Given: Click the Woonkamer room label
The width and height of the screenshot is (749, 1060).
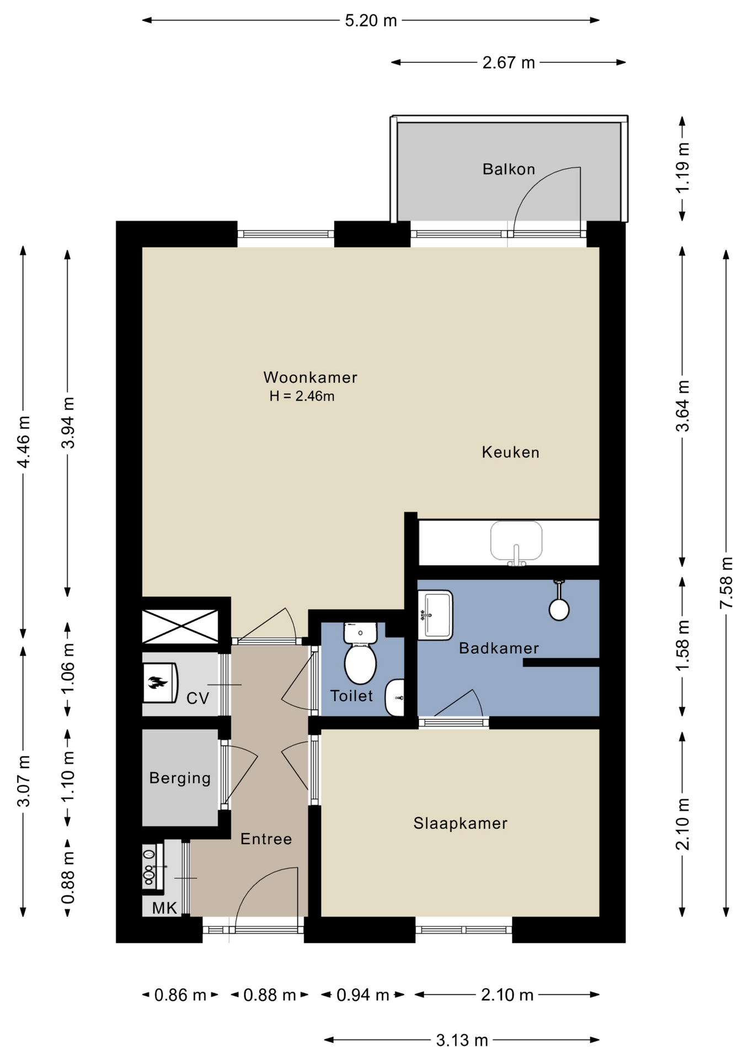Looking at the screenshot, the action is coord(311,378).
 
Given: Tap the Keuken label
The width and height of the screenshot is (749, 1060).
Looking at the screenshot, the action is coord(511,453).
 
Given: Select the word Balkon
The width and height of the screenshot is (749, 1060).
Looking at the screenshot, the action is coord(509,169).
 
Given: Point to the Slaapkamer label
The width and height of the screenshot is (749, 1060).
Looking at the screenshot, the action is coord(461,823).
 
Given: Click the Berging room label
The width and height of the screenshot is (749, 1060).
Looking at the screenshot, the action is coord(180,778).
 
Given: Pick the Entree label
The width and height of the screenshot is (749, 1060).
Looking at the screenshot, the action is coord(266,839).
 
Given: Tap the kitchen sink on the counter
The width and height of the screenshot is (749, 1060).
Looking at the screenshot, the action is coord(516,543).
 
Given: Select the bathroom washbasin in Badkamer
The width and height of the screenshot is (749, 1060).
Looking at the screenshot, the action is coord(435,615).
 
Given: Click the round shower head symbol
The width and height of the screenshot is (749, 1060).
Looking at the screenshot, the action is coord(559,609).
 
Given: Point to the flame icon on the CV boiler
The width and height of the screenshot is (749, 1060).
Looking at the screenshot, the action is coord(158,683).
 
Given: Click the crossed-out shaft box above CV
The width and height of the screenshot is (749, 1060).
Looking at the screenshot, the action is coord(180,626).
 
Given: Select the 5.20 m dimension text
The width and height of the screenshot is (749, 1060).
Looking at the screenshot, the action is coord(371,21).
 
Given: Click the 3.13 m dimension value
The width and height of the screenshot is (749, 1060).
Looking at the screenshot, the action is coord(462,1041).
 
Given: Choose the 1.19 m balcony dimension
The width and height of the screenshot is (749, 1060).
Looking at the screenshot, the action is coord(683,168).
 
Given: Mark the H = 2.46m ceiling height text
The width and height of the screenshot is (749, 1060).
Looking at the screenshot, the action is coord(302,396).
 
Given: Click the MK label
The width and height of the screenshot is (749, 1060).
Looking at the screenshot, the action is coord(164,908).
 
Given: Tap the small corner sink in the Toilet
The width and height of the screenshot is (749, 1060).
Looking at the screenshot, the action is coord(395,698).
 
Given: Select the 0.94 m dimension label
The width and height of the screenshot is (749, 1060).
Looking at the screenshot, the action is coord(363,995).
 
